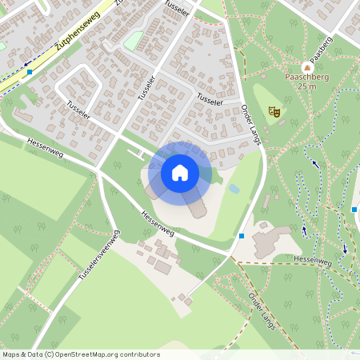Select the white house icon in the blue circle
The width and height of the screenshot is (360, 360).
[x=180, y=172]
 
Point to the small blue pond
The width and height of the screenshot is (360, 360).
[x=234, y=189]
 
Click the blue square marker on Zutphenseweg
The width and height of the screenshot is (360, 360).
[x=30, y=72]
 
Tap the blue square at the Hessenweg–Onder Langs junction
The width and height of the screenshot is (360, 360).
[x=242, y=235]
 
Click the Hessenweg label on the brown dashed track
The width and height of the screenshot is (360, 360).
[x=312, y=262]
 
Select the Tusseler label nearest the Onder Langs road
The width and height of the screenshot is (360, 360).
[x=209, y=101]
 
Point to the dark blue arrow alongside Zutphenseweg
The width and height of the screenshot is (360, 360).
[x=26, y=59]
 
